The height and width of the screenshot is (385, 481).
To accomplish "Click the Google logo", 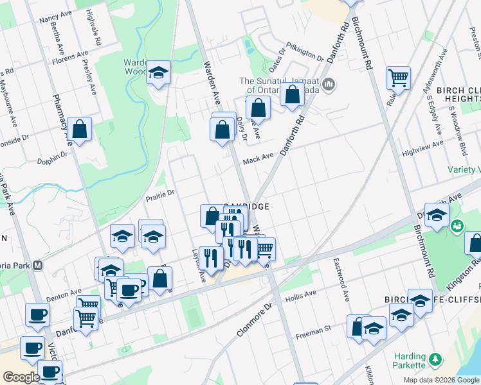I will tap(21, 377).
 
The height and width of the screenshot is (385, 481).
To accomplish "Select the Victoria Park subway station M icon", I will tap(38, 264).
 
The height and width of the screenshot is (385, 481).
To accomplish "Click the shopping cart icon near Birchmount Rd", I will tap(398, 78).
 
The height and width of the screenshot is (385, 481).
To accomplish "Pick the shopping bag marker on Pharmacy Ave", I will tap(80, 129).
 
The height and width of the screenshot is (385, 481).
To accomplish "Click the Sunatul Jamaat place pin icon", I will tap(329, 84).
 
